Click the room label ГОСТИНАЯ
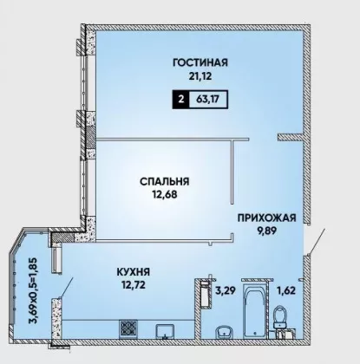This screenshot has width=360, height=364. tap(200, 62)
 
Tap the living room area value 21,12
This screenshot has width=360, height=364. tap(200, 76)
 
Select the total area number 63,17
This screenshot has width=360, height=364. tap(207, 100)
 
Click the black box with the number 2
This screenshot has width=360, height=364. tap(181, 100)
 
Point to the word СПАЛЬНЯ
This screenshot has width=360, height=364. tap(165, 182)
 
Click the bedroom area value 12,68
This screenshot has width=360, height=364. tap(165, 195)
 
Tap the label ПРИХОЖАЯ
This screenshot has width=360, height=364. tap(266, 218)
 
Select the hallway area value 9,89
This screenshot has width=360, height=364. tap(266, 231)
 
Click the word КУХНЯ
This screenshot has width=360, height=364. tap(133, 272)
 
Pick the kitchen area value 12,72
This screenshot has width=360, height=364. tap(133, 285)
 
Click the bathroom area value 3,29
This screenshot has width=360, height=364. tap(226, 290)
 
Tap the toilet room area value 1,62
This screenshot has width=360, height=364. tap(286, 290)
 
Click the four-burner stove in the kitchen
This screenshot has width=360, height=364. tap(128, 328)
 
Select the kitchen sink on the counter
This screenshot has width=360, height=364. tap(165, 331)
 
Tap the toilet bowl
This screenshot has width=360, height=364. tap(280, 317)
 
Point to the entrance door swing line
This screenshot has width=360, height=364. tap(317, 242)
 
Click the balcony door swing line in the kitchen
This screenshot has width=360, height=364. tap(66, 287)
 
